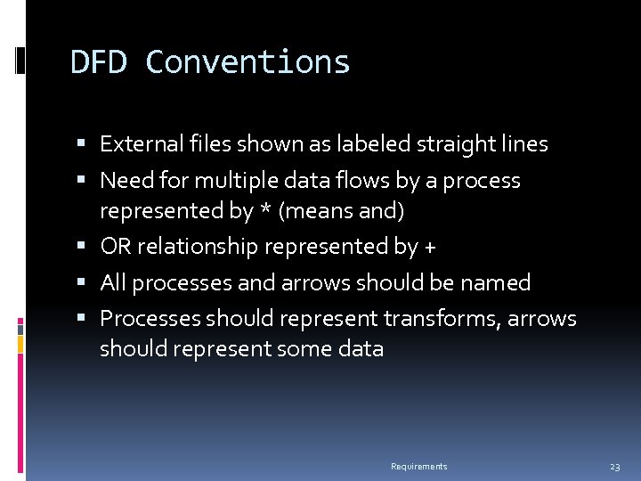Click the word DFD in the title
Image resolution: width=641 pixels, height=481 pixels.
click(x=100, y=62)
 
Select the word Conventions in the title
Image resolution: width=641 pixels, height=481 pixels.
click(x=247, y=62)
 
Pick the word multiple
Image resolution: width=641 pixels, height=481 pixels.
click(x=236, y=181)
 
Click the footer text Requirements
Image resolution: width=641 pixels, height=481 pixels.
click(x=419, y=467)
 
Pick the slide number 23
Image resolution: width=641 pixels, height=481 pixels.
click(x=614, y=467)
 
